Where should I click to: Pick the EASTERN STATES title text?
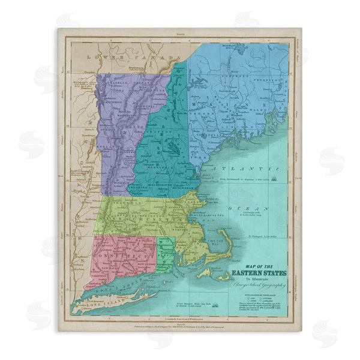click(x=259, y=274)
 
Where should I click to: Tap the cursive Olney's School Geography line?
click(x=259, y=285)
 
